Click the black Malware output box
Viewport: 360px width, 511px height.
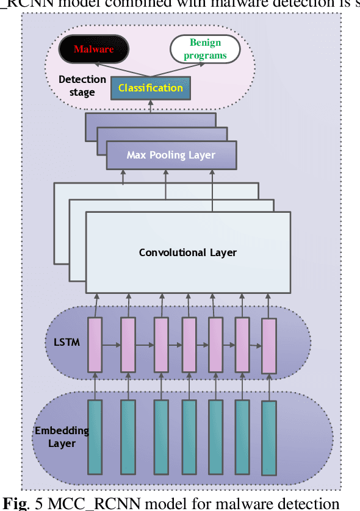[93, 49]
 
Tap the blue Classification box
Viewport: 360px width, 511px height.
[150, 88]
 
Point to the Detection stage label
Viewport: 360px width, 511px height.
[82, 86]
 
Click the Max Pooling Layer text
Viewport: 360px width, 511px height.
[171, 155]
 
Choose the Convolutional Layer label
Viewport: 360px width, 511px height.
[187, 252]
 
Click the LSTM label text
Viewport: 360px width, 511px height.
[62, 343]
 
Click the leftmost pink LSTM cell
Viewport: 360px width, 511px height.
[95, 345]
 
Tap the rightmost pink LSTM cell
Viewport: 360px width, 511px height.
[268, 346]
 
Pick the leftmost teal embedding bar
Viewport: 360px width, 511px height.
[95, 437]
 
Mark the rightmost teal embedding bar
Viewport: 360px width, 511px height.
[268, 438]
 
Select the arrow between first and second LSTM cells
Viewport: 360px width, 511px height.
[111, 345]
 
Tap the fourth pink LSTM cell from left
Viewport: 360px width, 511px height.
[189, 345]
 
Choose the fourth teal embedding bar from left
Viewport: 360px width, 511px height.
[189, 437]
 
